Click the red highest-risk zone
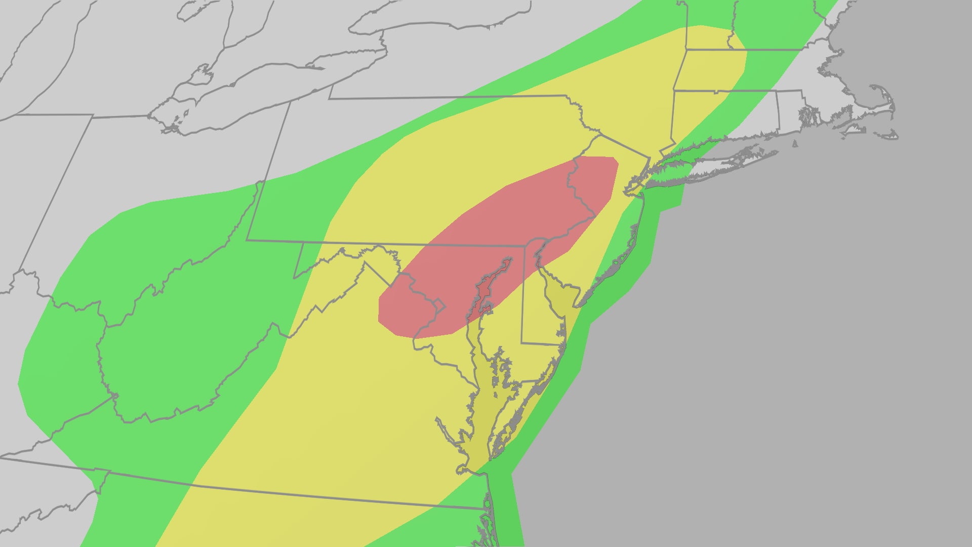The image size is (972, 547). [496, 243]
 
